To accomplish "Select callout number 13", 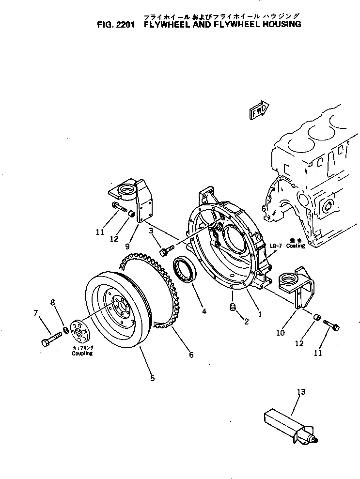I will point(301,392).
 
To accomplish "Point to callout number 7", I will point(35,313).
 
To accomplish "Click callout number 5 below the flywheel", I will point(152,378).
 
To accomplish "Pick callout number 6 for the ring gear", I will point(191,355).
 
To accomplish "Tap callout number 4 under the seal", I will point(204,311).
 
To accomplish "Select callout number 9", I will point(127,246).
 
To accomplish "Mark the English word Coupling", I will point(80,353).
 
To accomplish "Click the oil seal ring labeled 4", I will point(185,268).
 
